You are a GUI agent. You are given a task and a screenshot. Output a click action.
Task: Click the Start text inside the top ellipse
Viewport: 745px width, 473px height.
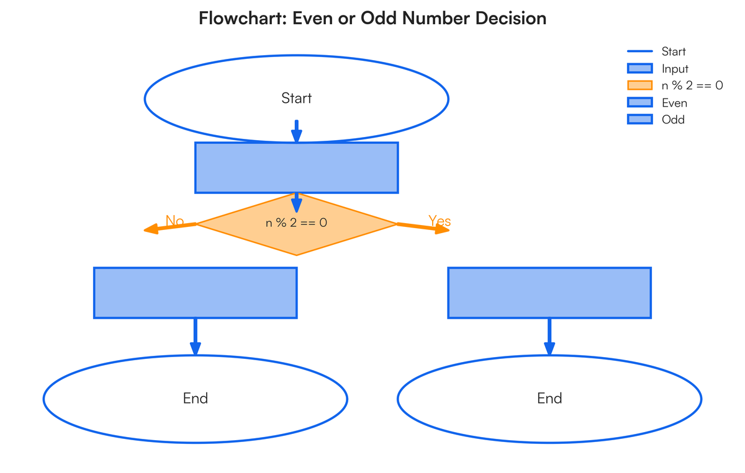296,98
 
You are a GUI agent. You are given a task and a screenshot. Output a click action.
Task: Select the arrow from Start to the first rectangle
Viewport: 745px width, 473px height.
297,131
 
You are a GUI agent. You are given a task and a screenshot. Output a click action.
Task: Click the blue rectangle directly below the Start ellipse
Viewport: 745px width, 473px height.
296,168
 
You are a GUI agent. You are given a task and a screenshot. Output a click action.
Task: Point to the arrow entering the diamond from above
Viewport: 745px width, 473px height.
297,203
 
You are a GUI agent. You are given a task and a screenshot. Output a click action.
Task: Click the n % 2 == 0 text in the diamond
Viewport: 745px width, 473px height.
296,223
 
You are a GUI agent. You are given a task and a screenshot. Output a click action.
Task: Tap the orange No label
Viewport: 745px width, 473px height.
174,221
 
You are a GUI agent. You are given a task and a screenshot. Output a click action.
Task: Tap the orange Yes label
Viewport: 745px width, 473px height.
440,221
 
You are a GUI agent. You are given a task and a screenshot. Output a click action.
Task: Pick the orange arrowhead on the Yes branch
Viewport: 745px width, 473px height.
442,230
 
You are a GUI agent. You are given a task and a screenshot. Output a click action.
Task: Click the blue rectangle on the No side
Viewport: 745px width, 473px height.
195,293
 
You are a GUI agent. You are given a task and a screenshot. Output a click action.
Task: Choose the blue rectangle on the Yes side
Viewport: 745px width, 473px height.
549,293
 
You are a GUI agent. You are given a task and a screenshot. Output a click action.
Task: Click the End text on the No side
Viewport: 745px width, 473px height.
195,398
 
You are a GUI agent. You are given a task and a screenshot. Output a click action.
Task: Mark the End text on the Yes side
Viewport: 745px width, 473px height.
549,398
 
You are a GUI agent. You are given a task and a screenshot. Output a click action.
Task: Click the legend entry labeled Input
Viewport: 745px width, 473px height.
675,69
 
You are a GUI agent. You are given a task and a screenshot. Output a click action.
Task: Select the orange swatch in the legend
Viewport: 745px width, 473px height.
640,86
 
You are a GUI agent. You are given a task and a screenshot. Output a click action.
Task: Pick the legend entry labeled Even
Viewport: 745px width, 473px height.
674,103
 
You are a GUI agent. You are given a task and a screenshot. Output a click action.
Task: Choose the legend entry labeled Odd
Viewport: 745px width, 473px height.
673,120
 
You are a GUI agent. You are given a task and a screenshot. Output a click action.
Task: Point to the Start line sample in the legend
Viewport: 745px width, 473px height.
640,51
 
